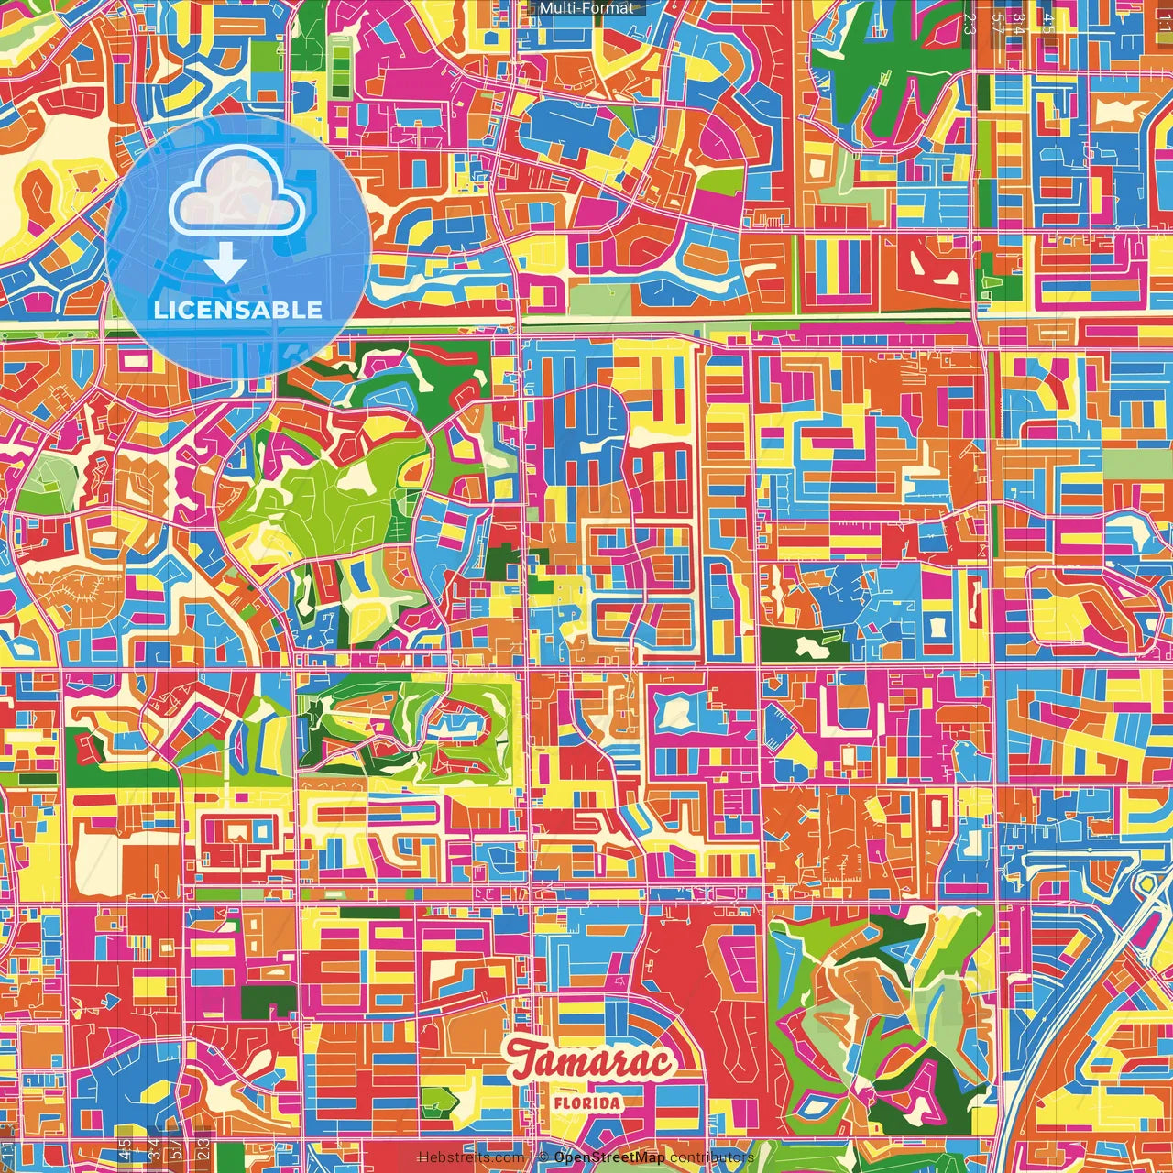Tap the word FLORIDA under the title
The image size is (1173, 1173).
pyautogui.click(x=587, y=1102)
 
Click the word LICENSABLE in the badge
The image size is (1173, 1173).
pyautogui.click(x=238, y=310)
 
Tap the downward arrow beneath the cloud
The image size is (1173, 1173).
pyautogui.click(x=225, y=265)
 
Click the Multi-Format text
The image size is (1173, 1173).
pyautogui.click(x=586, y=8)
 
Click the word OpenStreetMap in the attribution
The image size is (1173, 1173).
pyautogui.click(x=609, y=1157)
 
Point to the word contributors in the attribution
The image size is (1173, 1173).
pyautogui.click(x=711, y=1157)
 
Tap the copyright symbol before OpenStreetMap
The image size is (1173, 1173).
pyautogui.click(x=543, y=1157)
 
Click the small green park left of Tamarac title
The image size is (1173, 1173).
pyautogui.click(x=444, y=1099)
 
